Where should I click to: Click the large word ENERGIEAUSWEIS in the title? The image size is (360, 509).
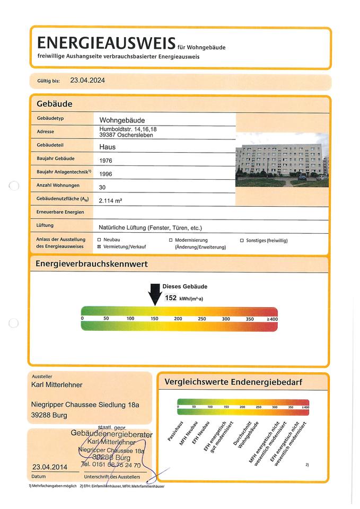click(106, 42)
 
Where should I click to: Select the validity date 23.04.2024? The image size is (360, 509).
click(87, 81)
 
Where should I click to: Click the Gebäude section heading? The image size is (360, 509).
click(55, 103)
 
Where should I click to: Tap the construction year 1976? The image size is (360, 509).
click(106, 160)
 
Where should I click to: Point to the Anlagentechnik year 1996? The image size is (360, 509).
click(106, 173)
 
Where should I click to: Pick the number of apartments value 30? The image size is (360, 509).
click(102, 187)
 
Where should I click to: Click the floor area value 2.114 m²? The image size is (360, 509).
click(115, 200)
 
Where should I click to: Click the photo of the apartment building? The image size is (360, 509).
click(282, 160)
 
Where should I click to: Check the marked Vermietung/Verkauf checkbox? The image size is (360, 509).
click(99, 247)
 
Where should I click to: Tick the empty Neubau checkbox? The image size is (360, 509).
click(99, 240)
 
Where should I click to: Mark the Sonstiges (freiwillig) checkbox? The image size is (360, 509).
click(242, 240)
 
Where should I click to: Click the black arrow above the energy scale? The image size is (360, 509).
click(155, 293)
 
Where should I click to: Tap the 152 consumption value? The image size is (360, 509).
click(171, 298)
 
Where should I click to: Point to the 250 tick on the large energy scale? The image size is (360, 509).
click(202, 319)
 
